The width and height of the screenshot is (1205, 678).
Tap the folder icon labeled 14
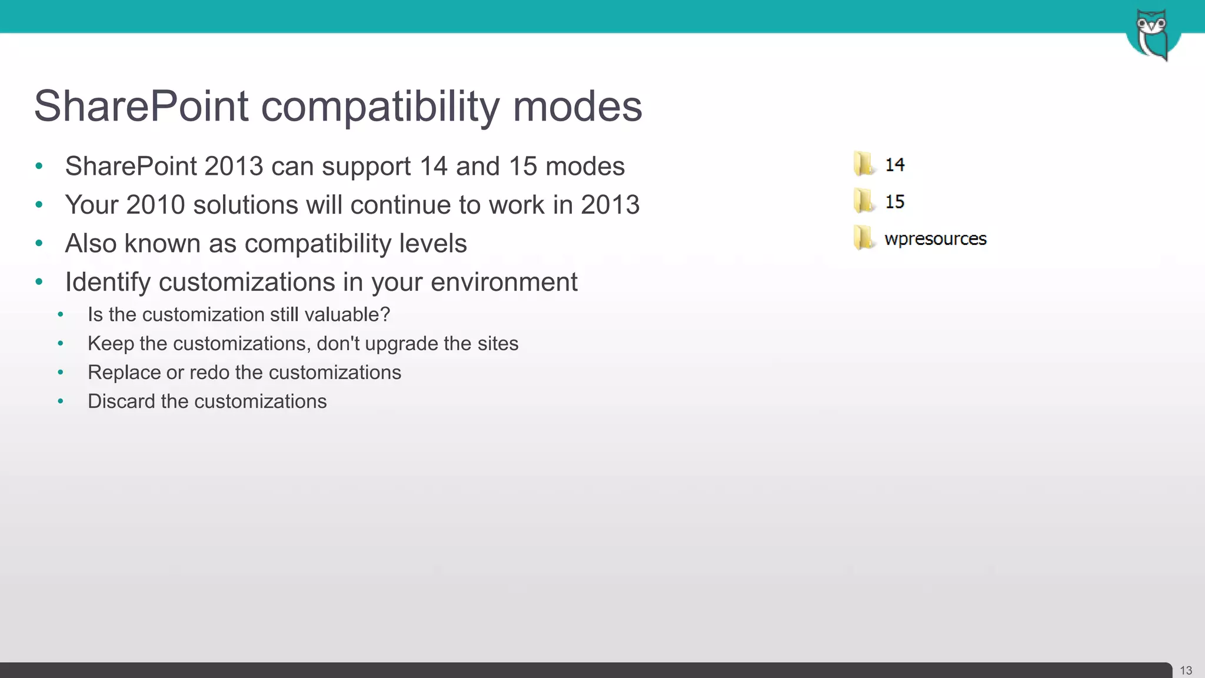click(x=863, y=164)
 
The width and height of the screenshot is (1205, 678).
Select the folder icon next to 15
click(x=863, y=201)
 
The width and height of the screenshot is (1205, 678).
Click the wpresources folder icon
click(x=863, y=238)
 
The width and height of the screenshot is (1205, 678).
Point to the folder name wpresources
click(x=935, y=239)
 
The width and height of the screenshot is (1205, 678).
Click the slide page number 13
click(x=1186, y=670)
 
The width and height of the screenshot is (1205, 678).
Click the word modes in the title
click(x=577, y=107)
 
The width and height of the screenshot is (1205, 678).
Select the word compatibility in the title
click(x=380, y=107)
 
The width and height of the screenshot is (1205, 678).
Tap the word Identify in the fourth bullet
click(x=108, y=282)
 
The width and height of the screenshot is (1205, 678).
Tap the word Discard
click(x=122, y=401)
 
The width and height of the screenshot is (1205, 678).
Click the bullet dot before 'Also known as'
click(x=39, y=244)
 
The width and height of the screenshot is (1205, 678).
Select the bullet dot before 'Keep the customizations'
click(x=61, y=344)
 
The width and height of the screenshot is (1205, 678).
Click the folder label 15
click(x=894, y=202)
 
